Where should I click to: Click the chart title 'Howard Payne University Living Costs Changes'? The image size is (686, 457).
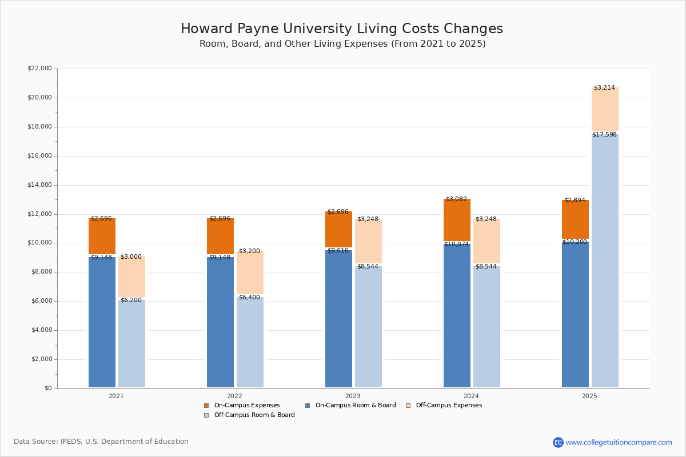tap(342, 29)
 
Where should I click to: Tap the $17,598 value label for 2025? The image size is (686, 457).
tap(604, 135)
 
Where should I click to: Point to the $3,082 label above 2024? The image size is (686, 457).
tap(456, 199)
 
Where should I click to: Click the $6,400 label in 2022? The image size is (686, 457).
tap(249, 298)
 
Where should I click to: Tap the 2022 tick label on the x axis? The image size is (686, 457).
tap(234, 396)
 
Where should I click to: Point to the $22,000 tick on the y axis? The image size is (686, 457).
tap(39, 69)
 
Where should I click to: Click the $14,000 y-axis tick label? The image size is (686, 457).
tap(39, 185)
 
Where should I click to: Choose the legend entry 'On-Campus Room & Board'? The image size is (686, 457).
tap(355, 406)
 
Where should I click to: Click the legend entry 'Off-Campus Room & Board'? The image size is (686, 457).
tap(254, 415)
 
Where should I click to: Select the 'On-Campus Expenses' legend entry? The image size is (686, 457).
tap(246, 406)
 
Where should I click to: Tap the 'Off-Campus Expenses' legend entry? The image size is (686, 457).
tap(448, 406)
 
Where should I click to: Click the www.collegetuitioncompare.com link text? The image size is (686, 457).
tap(619, 442)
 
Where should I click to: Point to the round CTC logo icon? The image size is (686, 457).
tap(558, 442)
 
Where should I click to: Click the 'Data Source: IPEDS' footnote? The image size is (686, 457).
tap(101, 442)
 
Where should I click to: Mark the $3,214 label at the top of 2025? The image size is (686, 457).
tap(604, 88)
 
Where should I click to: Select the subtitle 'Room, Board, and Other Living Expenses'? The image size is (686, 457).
tap(342, 44)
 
